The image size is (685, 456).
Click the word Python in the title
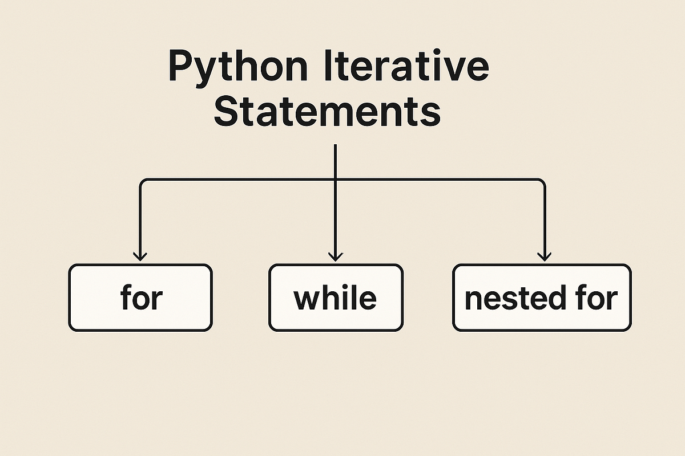pos(238,69)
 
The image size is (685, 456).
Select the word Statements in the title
pos(327,111)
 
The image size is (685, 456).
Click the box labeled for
pos(140,298)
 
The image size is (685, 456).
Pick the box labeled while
pos(336,298)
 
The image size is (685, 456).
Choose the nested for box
pos(542,298)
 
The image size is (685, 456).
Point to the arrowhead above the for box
pos(140,257)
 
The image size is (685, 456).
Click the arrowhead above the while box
pos(336,257)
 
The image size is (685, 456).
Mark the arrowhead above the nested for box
pos(545,257)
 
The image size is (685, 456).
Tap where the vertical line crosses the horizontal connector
pos(336,180)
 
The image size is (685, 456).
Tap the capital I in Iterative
pos(328,66)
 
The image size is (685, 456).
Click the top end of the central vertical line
pos(336,145)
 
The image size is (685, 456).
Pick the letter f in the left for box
pos(126,297)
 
